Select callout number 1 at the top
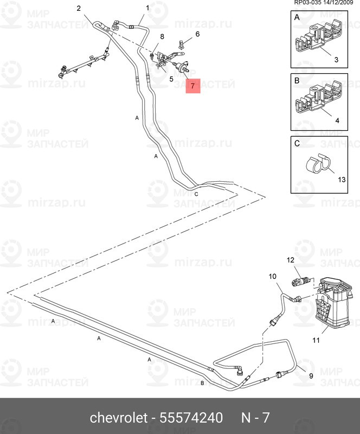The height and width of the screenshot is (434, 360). click(147, 8)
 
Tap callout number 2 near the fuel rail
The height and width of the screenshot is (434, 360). click(79, 8)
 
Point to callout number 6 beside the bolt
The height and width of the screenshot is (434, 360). click(197, 34)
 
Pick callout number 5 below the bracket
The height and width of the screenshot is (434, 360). click(171, 79)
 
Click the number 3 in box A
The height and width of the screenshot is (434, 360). click(336, 59)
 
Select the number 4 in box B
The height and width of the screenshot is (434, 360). click(337, 120)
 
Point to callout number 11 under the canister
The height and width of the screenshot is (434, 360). click(316, 340)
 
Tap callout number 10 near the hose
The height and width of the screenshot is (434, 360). click(273, 277)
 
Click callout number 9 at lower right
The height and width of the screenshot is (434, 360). click(311, 375)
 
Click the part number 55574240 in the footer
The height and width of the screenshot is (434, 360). click(191, 418)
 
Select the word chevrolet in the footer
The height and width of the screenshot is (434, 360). click(118, 418)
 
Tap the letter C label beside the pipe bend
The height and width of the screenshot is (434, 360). click(196, 194)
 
